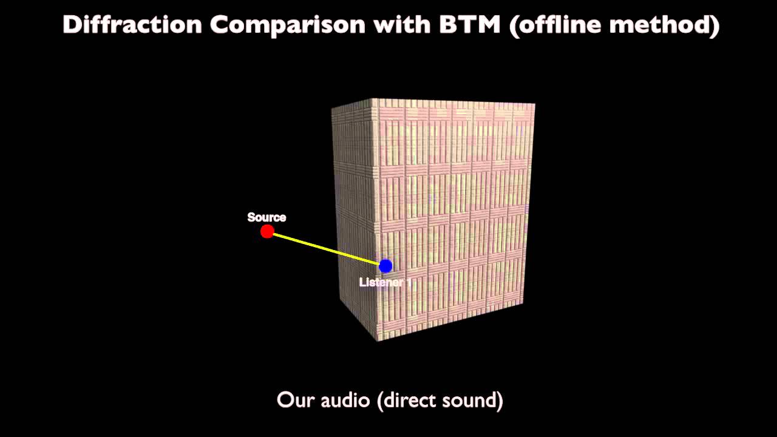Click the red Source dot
pyautogui.click(x=267, y=231)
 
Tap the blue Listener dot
pyautogui.click(x=385, y=266)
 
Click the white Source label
pyautogui.click(x=266, y=217)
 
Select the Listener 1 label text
pyautogui.click(x=385, y=282)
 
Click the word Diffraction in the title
pyautogui.click(x=132, y=25)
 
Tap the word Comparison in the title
pyautogui.click(x=288, y=25)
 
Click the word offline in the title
pyautogui.click(x=562, y=25)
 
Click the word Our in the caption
pyautogui.click(x=294, y=400)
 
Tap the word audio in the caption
pyautogui.click(x=343, y=400)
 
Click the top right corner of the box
pyautogui.click(x=534, y=104)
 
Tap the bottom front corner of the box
pyautogui.click(x=378, y=339)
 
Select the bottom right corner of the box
pyautogui.click(x=523, y=304)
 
